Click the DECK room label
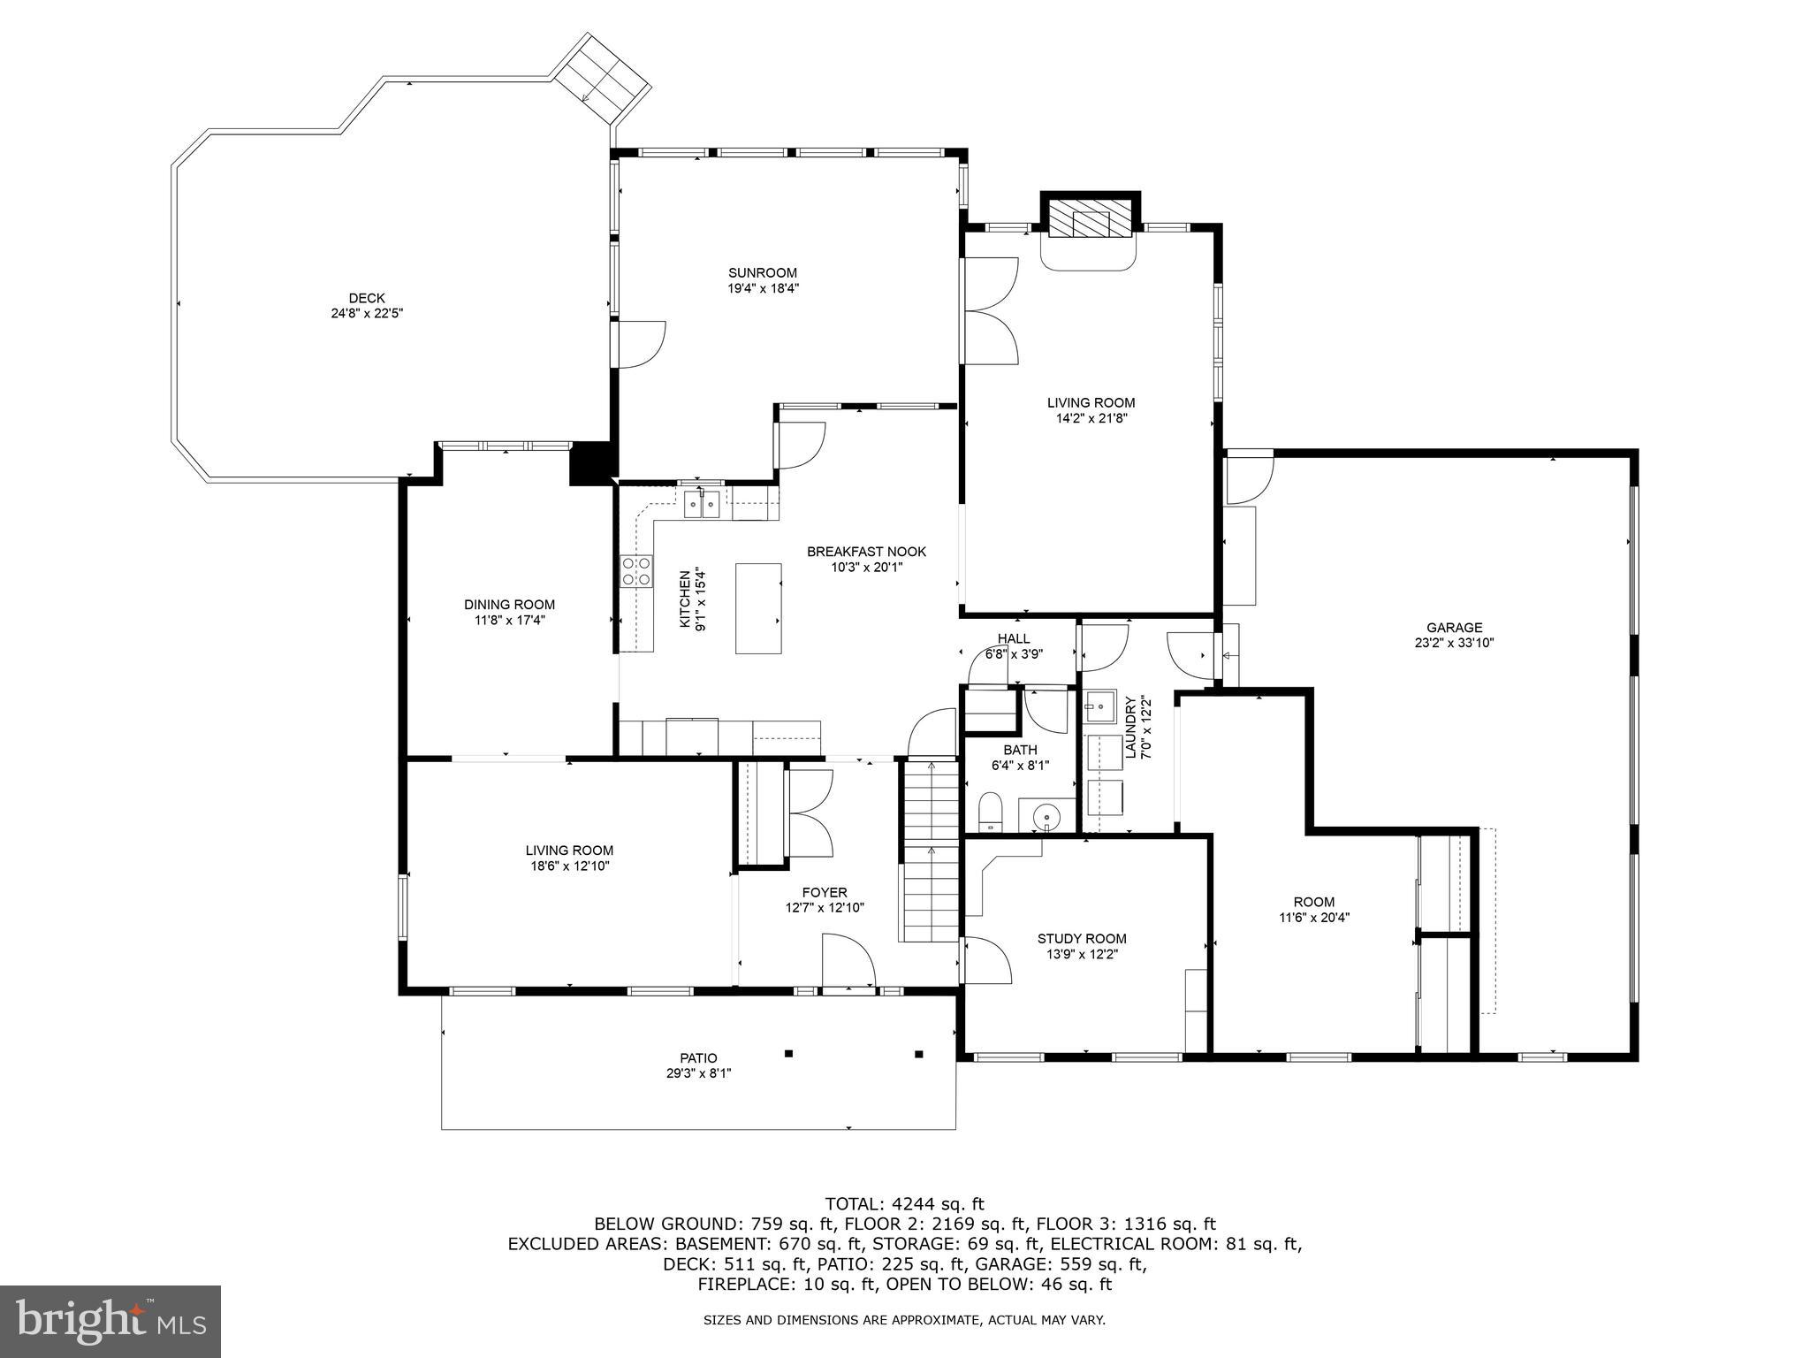point(366,298)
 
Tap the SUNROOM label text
point(763,272)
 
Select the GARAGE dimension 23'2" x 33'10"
point(1454,644)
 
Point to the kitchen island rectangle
point(758,608)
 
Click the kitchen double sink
point(703,505)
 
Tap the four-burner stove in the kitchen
point(636,570)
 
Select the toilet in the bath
point(990,813)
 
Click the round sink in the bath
point(1047,815)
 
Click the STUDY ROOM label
point(1082,939)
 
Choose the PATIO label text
point(698,1058)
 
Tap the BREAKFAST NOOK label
point(866,552)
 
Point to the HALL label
point(1013,638)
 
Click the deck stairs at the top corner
point(602,80)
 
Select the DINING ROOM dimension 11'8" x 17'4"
point(509,620)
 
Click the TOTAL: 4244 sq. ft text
point(904,1203)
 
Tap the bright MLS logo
point(110,1321)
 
